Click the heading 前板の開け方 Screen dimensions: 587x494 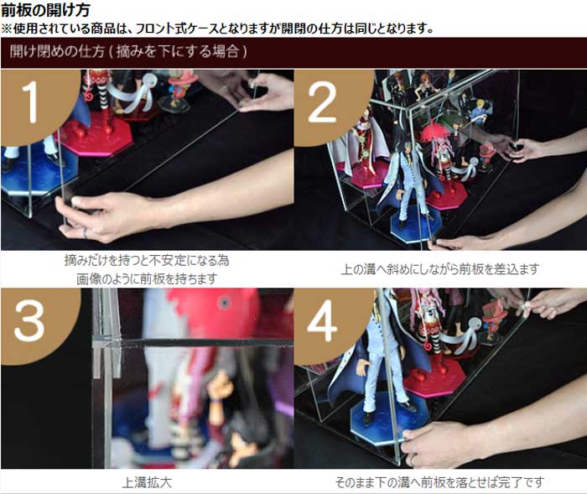(x=45, y=10)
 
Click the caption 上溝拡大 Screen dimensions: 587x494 (x=147, y=482)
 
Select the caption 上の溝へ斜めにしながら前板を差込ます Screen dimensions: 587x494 (x=439, y=269)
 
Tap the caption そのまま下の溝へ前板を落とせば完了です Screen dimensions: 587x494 (x=439, y=482)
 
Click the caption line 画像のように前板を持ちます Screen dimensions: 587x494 (x=147, y=279)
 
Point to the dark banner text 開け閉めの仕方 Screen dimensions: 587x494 (x=57, y=51)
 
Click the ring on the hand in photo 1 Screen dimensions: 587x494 (x=85, y=233)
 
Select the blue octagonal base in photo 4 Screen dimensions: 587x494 (x=389, y=419)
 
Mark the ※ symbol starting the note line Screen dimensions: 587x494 (x=7, y=29)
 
